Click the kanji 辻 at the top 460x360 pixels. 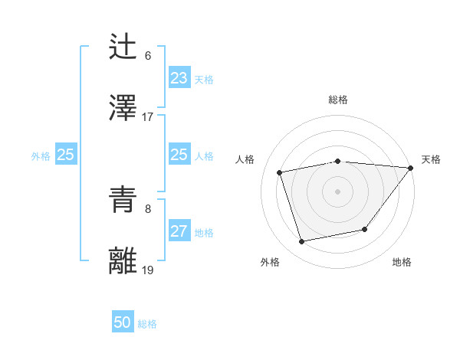coord(124,47)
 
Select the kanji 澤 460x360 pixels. coord(124,108)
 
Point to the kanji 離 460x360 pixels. coord(124,261)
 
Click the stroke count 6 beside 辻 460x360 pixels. coord(148,56)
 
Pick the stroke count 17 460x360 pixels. coord(148,117)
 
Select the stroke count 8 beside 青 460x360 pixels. coord(148,208)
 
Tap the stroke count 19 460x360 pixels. coord(148,270)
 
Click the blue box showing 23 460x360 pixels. coord(179,78)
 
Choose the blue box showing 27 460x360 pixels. coord(179,231)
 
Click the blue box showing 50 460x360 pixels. coord(123,322)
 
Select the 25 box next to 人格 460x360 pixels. coord(179,155)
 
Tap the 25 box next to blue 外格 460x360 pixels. coord(65,155)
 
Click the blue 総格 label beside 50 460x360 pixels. coord(147,324)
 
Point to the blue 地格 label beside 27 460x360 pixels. coord(204,233)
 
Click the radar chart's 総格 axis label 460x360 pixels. coord(337,100)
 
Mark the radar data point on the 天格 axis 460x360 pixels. coord(410,168)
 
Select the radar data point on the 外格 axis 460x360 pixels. coord(302,242)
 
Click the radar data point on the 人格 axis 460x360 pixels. coord(281,172)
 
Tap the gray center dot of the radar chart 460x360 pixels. coord(337,191)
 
